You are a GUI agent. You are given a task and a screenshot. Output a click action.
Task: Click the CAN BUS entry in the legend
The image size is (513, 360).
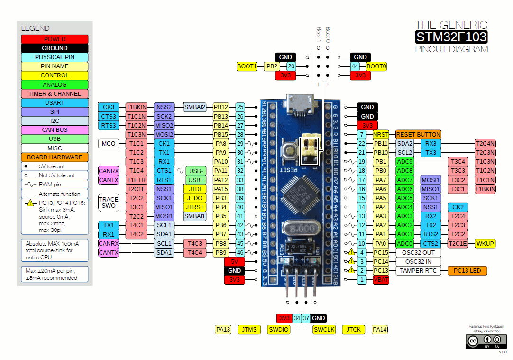click(55, 129)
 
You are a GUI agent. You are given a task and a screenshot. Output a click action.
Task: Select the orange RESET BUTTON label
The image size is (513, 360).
click(419, 134)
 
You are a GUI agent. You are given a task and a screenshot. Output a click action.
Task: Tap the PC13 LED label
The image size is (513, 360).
click(467, 271)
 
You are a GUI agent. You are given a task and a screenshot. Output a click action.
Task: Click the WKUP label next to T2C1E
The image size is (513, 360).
click(485, 243)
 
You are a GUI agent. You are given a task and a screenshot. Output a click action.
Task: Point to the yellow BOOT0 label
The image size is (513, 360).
click(376, 67)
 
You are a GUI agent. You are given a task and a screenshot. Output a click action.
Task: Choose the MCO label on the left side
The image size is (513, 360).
click(109, 143)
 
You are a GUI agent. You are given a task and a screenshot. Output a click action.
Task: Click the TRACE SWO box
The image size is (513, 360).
click(109, 203)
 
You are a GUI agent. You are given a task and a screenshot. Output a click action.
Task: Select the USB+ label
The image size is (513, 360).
click(196, 180)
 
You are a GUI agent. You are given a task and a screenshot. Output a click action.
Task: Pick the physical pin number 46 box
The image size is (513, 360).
click(240, 253)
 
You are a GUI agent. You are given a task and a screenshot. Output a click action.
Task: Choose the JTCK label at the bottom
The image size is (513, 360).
click(353, 329)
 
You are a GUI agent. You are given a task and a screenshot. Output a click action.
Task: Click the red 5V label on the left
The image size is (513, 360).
click(234, 262)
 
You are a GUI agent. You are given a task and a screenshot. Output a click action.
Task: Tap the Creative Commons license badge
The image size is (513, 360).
click(483, 341)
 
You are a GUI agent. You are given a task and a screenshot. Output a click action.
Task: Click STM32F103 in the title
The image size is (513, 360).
click(451, 37)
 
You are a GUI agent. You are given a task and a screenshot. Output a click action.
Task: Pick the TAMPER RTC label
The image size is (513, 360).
click(418, 271)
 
